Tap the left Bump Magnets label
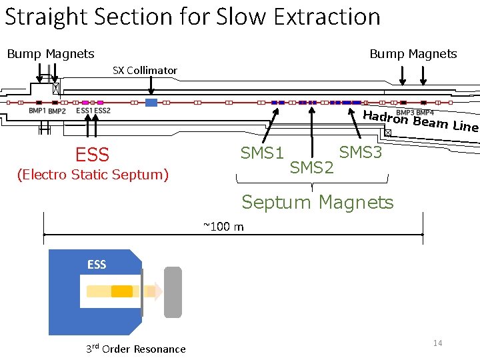51,54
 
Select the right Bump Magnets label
413,54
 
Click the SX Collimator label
145,70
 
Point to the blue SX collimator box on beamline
151,103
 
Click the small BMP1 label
37,111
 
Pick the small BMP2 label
57,111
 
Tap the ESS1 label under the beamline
84,111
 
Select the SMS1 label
263,153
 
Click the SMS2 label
311,167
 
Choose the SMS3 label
361,153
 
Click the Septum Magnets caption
317,201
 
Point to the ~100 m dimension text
223,227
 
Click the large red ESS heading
92,155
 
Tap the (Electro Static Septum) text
93,175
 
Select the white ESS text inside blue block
97,265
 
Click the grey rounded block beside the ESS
173,291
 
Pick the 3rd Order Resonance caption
136,349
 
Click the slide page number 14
438,343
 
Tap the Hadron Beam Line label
420,121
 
